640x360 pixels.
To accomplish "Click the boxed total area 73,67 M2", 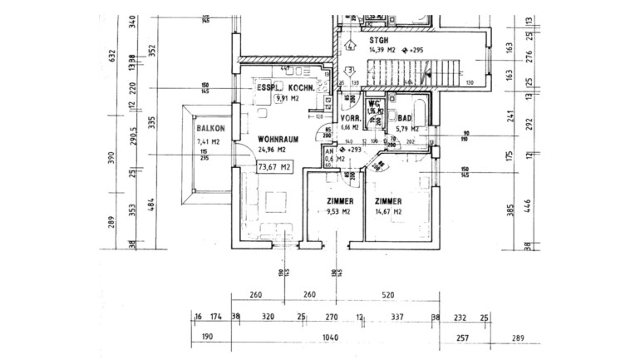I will pos(275,167).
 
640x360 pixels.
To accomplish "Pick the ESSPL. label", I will pos(271,87).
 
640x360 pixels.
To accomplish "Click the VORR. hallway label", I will pos(350,118).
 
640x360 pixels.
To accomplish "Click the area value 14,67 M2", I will pos(388,212).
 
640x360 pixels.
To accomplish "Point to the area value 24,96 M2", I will pos(272,150).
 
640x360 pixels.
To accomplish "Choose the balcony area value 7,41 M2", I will pos(209,142).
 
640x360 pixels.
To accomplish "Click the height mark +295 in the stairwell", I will pos(416,50).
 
